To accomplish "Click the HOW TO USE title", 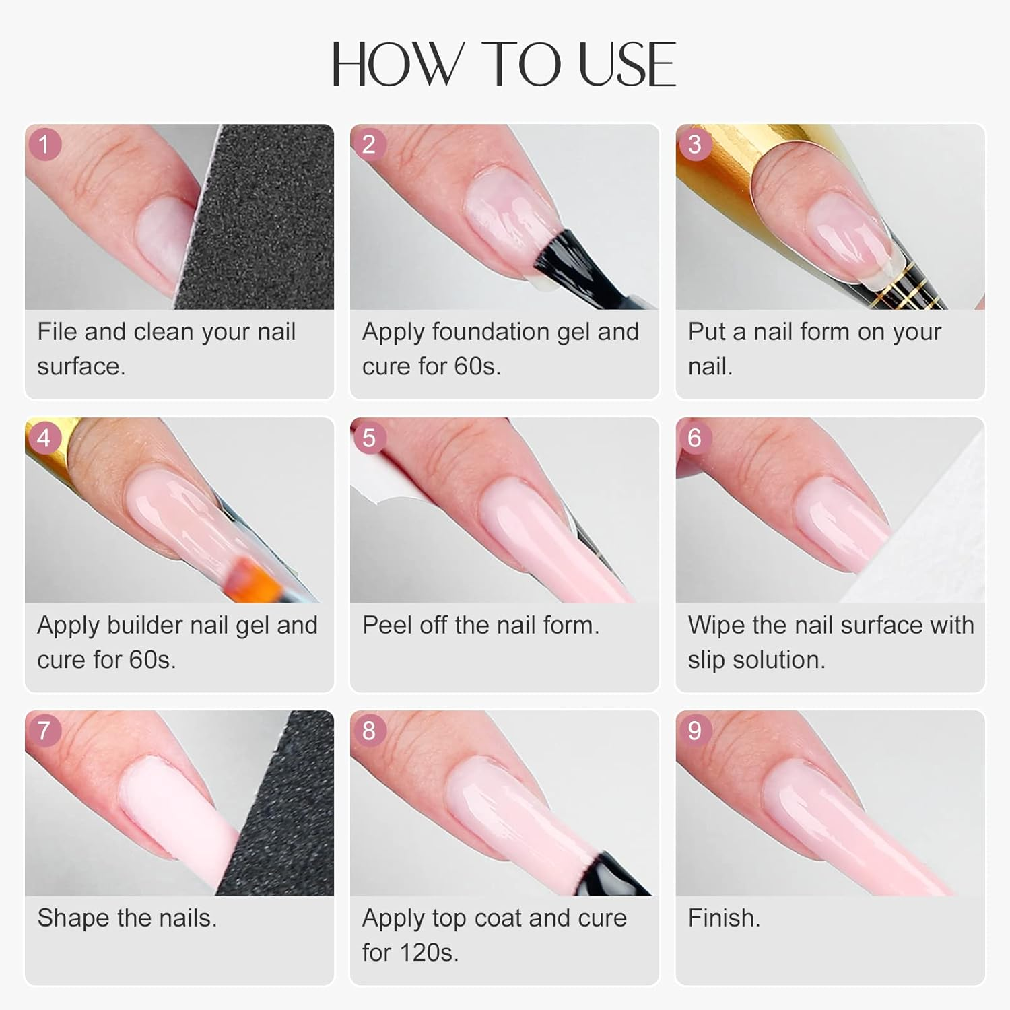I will tap(504, 65).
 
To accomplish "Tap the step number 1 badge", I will tap(44, 145).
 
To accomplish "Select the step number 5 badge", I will tap(369, 438).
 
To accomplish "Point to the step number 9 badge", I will tap(694, 731).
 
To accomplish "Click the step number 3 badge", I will tap(694, 145).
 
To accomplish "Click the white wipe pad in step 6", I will tap(929, 539).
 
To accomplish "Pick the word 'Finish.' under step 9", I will tap(724, 918).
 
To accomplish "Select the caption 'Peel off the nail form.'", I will tap(480, 626).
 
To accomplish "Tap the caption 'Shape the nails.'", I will tap(127, 918).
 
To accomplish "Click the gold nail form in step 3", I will tap(714, 162).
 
